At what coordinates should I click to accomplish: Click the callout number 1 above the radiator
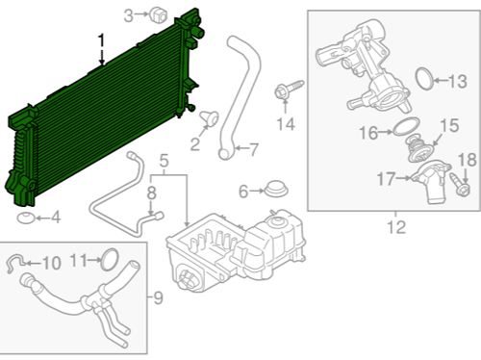(x=101, y=40)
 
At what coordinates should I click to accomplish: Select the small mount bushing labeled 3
(x=159, y=14)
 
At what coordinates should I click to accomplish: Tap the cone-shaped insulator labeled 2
(x=210, y=117)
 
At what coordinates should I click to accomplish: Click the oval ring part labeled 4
(x=25, y=219)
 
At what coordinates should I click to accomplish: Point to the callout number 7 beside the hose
(x=253, y=149)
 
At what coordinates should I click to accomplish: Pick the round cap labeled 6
(x=276, y=189)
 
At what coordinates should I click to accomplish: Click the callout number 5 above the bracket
(x=164, y=161)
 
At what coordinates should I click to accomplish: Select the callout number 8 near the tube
(x=151, y=193)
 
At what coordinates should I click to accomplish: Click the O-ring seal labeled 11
(x=110, y=259)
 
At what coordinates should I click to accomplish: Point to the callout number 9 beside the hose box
(x=158, y=298)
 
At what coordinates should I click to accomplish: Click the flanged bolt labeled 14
(x=289, y=89)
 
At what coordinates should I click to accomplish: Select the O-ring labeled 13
(x=424, y=79)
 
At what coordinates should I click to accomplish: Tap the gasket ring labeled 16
(x=406, y=126)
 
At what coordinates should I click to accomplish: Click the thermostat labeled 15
(x=419, y=148)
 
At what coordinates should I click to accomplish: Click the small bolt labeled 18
(x=460, y=185)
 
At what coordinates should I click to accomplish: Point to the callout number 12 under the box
(x=396, y=227)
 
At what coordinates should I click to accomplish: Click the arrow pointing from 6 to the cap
(x=257, y=191)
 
